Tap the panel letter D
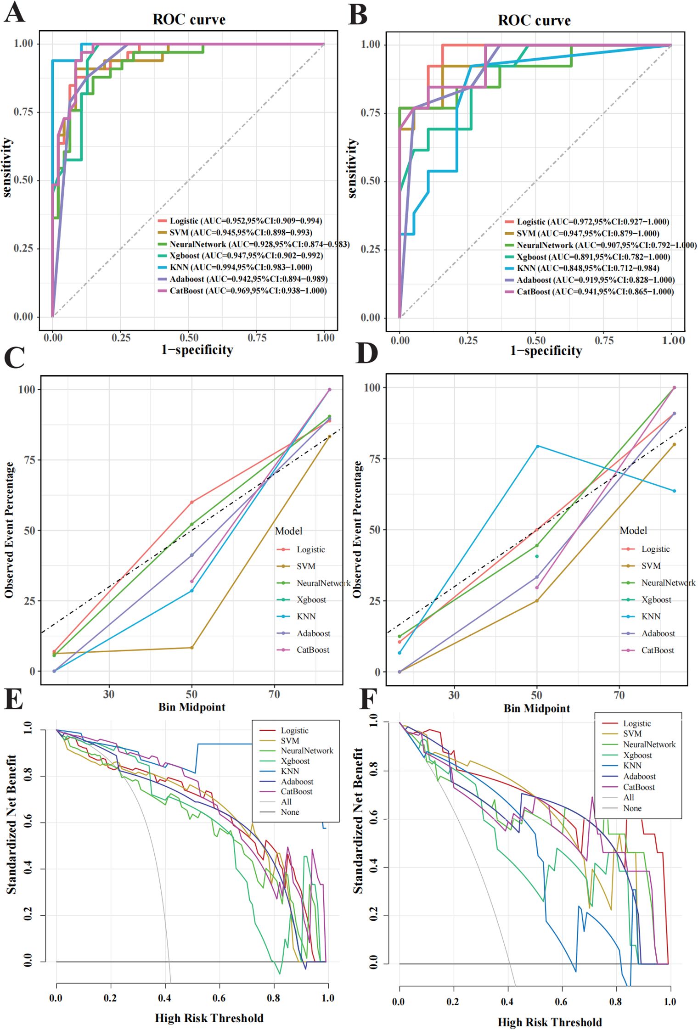pos(366,354)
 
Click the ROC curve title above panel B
pos(534,20)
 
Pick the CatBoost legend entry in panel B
pos(595,292)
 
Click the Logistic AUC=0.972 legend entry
pos(592,222)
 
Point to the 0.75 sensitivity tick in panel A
pos(23,112)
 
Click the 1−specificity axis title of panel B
pos(546,351)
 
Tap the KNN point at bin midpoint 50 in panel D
pos(537,446)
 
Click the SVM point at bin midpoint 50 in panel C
pos(192,648)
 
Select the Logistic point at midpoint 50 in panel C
pos(192,502)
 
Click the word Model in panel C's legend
pos(288,531)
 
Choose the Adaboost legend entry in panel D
pos(658,633)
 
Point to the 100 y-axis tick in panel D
pos(372,388)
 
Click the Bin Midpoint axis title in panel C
pos(191,707)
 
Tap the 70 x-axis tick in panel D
pos(619,695)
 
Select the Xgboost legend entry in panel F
pos(637,755)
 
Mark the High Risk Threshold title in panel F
pos(549,1022)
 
